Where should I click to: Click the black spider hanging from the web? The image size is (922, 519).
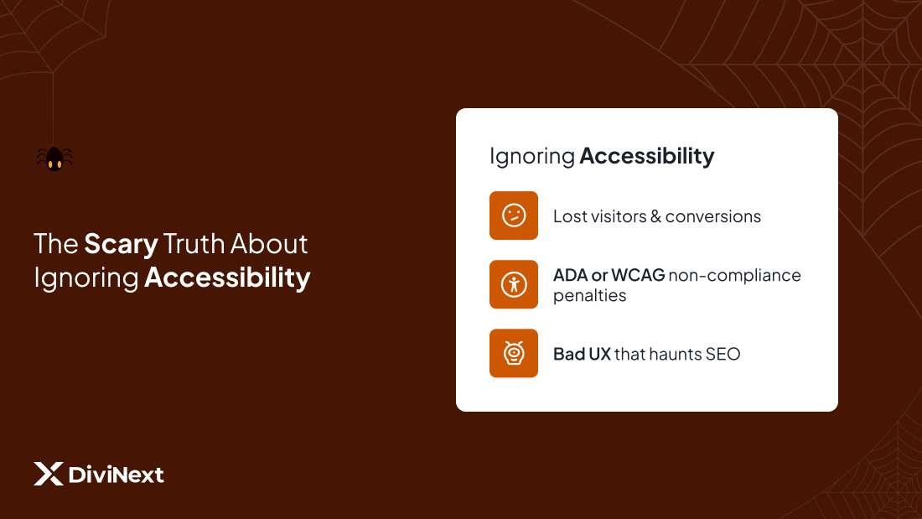pos(54,158)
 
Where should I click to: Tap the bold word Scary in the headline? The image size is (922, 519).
pos(121,244)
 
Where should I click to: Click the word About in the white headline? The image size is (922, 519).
pos(269,244)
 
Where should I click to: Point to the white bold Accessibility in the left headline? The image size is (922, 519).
pos(227,278)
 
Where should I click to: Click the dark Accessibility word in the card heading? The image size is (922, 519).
pos(647,156)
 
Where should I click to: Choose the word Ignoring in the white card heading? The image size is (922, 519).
pos(531,157)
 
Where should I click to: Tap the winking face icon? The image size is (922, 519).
pos(514,215)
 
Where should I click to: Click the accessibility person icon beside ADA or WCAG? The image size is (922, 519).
pos(514,284)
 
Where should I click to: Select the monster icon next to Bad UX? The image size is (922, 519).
pos(514,353)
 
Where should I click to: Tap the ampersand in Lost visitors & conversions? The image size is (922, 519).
pos(656,216)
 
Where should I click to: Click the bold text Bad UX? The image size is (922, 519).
pos(582,354)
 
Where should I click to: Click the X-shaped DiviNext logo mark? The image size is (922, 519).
pos(49,474)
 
